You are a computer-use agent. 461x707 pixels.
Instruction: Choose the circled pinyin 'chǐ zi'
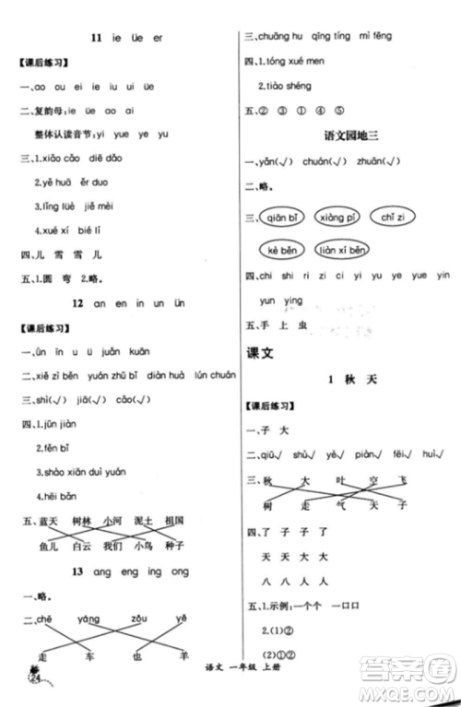(394, 218)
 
